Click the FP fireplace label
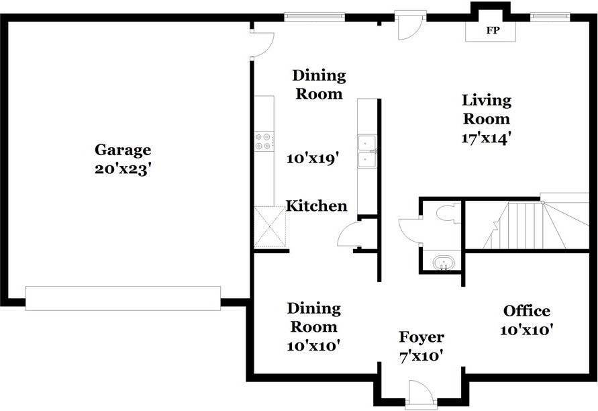[493, 30]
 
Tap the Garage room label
[123, 150]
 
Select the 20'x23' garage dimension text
[121, 169]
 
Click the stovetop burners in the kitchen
[264, 141]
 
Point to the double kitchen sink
[367, 151]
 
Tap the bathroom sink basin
[443, 263]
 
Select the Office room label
[527, 311]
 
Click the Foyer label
[421, 337]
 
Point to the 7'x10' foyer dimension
[421, 357]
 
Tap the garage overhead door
[123, 298]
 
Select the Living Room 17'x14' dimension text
[486, 138]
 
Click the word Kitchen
[317, 206]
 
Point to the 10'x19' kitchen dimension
[313, 158]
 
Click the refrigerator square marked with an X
[270, 227]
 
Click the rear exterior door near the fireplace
[410, 26]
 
